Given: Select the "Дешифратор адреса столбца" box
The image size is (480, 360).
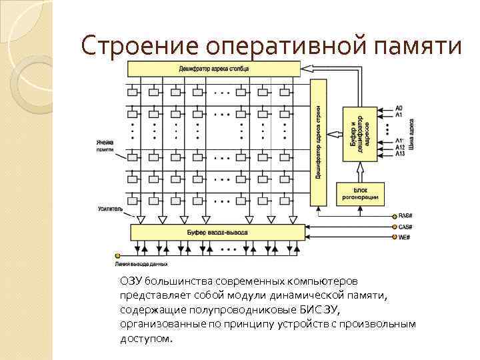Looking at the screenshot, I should pyautogui.click(x=214, y=69).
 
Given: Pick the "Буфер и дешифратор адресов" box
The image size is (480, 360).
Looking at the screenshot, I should pyautogui.click(x=360, y=133).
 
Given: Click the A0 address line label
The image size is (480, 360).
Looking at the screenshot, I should pyautogui.click(x=399, y=108).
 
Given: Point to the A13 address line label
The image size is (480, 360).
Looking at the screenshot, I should pyautogui.click(x=400, y=154).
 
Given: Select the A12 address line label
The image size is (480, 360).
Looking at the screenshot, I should pyautogui.click(x=400, y=147).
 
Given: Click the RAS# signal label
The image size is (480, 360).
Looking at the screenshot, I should pyautogui.click(x=405, y=216).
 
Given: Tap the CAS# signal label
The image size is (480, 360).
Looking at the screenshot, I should pyautogui.click(x=405, y=227).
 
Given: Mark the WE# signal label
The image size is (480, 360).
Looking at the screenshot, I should pyautogui.click(x=404, y=237).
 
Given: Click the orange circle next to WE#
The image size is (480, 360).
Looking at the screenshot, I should pyautogui.click(x=393, y=237).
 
